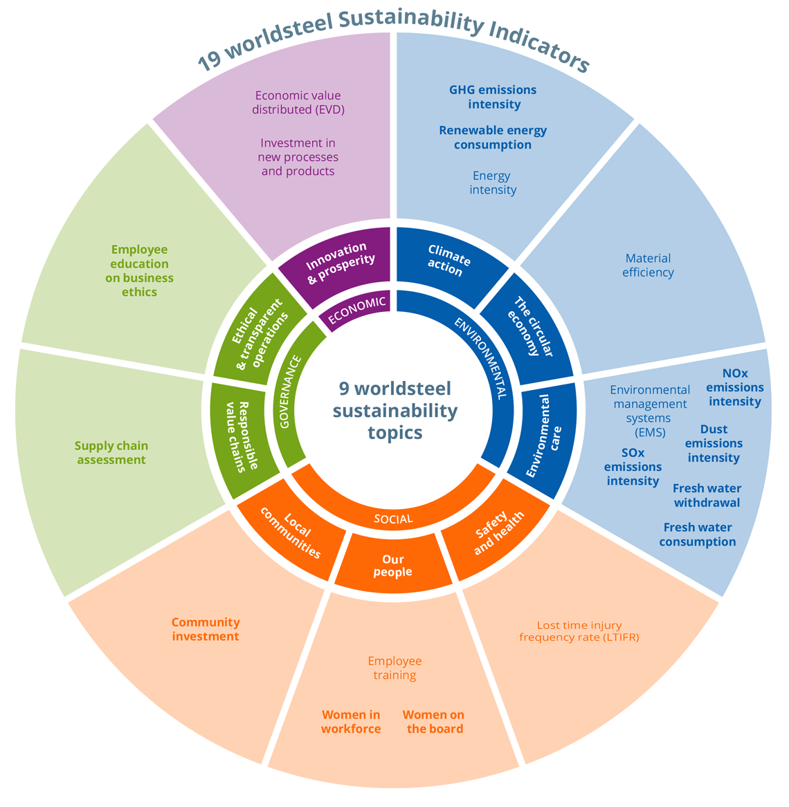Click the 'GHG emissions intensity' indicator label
(493, 97)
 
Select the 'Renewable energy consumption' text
(493, 137)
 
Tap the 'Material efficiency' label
(648, 265)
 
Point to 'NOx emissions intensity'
(735, 387)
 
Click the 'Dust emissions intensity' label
(714, 443)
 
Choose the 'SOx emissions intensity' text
(633, 467)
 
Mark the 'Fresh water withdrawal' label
(707, 495)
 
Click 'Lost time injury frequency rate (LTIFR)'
(579, 630)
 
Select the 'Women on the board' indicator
(434, 721)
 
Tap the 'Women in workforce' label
(351, 721)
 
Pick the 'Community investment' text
(206, 629)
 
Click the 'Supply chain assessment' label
(111, 452)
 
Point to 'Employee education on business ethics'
(140, 270)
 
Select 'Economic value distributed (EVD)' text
(298, 102)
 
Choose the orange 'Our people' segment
(393, 566)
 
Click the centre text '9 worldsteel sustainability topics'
(394, 410)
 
